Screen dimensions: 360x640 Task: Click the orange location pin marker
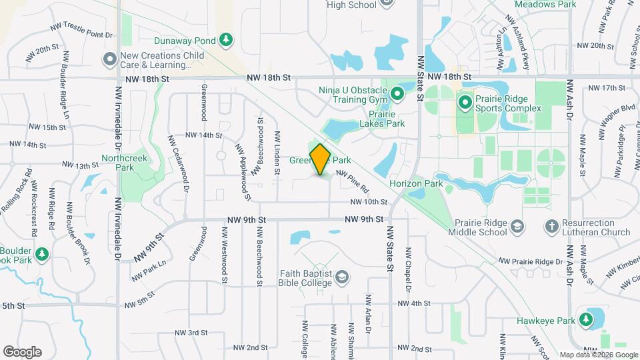pos(321,159)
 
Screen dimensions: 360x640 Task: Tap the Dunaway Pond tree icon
pos(226,40)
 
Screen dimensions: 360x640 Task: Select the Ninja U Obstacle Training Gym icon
pos(397,95)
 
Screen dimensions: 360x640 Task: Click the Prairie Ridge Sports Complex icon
pos(465,103)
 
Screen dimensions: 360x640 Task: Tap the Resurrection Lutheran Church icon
pos(551,227)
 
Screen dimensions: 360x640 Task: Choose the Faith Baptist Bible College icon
pos(342,277)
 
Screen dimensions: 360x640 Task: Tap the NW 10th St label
pos(369,202)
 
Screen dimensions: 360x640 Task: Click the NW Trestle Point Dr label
pos(82,31)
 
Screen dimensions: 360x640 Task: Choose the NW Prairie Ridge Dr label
pos(530,261)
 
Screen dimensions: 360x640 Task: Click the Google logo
pos(22,352)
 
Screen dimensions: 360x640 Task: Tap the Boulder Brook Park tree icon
pos(41,254)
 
